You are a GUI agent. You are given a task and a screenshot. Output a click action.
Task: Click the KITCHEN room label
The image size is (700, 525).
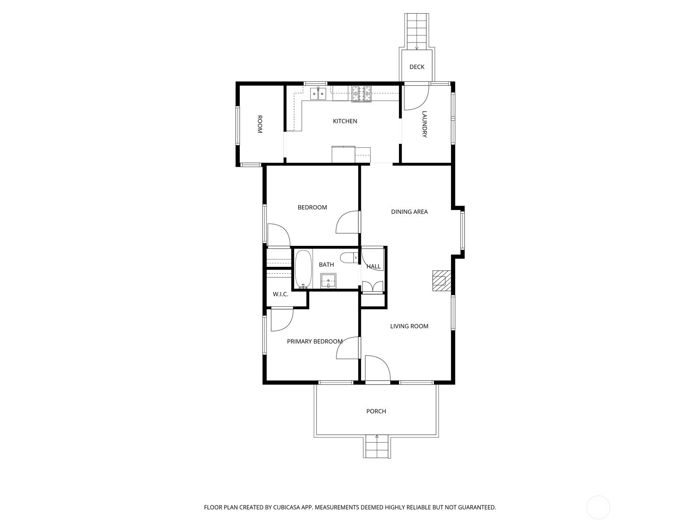[x=345, y=121]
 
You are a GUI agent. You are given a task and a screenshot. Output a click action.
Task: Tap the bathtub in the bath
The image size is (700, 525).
[x=303, y=269]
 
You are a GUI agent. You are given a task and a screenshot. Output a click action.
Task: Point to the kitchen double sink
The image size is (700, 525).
[x=318, y=94]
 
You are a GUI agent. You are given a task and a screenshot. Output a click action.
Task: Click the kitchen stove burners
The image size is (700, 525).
[x=361, y=94]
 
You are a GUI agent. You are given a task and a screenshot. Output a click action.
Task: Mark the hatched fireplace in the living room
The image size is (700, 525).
[x=441, y=280]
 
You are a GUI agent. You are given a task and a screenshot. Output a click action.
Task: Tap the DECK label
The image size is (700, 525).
[x=416, y=67]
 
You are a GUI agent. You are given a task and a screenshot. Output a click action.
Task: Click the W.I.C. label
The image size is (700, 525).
[x=280, y=294]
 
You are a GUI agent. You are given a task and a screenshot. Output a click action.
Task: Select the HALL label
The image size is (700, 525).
[x=373, y=266]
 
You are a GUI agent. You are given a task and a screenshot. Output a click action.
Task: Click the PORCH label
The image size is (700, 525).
[x=376, y=411]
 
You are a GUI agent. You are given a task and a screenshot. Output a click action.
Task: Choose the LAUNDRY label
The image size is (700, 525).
[x=424, y=124]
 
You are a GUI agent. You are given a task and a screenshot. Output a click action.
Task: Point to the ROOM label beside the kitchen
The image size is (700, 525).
[x=259, y=124]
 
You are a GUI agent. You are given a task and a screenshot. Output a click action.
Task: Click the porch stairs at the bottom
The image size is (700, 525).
[x=377, y=447]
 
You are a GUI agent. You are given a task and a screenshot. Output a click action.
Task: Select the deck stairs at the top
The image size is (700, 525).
[x=416, y=31]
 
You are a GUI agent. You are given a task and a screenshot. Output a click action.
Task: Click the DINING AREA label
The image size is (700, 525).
[x=409, y=212]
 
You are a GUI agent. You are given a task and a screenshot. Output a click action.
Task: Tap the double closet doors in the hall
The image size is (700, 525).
[x=372, y=287]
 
